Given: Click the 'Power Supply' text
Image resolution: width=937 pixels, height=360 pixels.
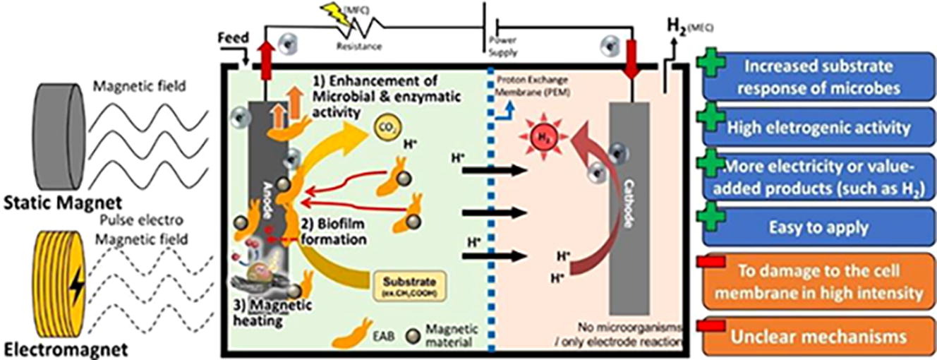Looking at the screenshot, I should click(x=502, y=47).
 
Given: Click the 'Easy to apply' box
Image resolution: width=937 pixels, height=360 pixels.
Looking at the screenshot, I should click(x=815, y=228).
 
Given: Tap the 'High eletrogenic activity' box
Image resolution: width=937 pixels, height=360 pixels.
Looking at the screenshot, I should click(x=815, y=128).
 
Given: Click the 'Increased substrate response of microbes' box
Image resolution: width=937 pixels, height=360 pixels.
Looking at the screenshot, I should click(x=815, y=76).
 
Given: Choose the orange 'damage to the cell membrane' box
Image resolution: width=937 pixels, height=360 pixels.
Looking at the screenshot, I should click(x=815, y=280).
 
